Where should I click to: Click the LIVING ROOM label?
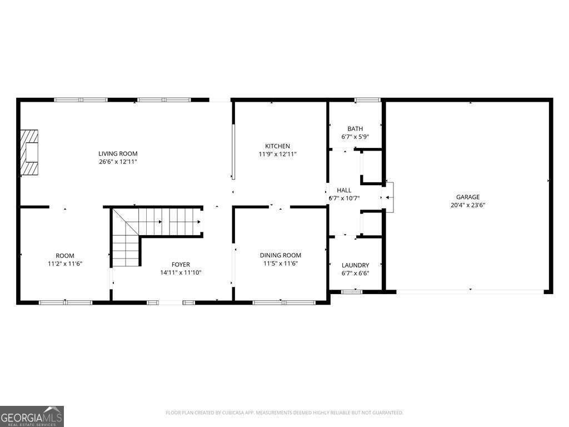tap(118, 153)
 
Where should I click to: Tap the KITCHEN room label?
tap(277, 146)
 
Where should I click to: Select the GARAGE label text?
tap(467, 197)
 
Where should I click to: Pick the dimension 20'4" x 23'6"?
tap(467, 205)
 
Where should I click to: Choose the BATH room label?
tap(355, 128)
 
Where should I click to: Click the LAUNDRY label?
tap(355, 265)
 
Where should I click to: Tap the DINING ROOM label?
tap(281, 255)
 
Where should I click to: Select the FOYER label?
tap(181, 265)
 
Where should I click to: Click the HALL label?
tap(344, 190)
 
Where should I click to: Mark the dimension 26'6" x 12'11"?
tap(118, 162)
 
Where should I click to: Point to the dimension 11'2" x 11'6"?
tap(65, 264)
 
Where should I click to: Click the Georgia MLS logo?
tap(32, 416)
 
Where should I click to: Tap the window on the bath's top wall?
tap(367, 100)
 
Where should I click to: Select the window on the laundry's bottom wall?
tap(351, 291)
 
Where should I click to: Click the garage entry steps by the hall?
tap(390, 197)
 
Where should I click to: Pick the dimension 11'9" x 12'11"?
tap(277, 154)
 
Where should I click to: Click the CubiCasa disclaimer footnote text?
tap(284, 413)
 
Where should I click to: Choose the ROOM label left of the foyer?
tap(65, 256)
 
